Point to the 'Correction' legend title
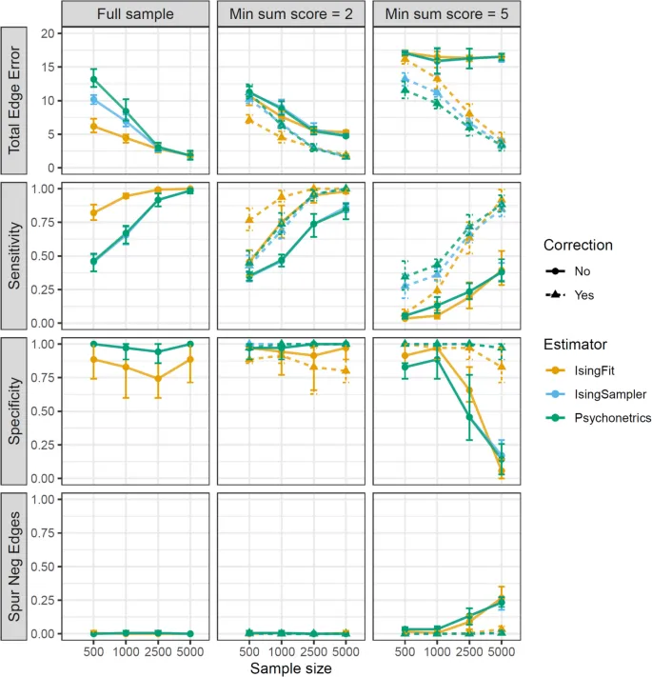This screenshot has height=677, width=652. [x=578, y=245]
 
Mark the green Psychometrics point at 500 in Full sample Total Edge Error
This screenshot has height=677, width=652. [x=93, y=79]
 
